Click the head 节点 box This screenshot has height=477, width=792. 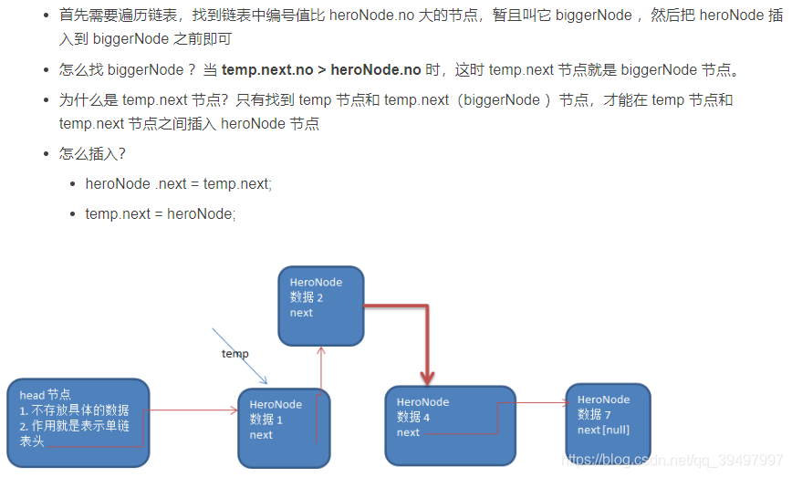(x=77, y=422)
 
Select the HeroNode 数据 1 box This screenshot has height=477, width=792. (x=283, y=428)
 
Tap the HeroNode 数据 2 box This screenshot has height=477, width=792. (x=320, y=305)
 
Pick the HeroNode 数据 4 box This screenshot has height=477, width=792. (x=450, y=424)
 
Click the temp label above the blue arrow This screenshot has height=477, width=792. (x=234, y=353)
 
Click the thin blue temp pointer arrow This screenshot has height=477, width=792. (x=239, y=357)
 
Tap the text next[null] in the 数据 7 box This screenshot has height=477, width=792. (x=603, y=430)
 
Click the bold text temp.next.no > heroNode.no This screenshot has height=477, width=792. (x=321, y=69)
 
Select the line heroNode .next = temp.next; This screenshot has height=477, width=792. (x=179, y=183)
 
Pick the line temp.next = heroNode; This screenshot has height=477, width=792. (x=161, y=213)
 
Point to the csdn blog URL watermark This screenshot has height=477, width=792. (x=672, y=461)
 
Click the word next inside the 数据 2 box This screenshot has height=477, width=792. (x=301, y=313)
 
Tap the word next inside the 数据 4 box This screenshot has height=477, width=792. (x=408, y=432)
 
